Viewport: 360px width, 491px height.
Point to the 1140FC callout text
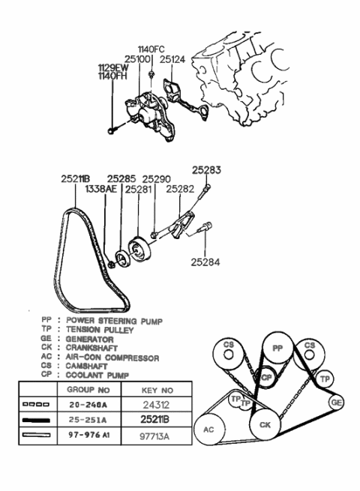pos(151,49)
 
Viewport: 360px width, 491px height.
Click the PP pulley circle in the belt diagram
pos(277,348)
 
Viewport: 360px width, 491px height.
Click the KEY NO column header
pos(157,391)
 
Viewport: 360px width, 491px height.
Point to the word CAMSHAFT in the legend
pos(88,367)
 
